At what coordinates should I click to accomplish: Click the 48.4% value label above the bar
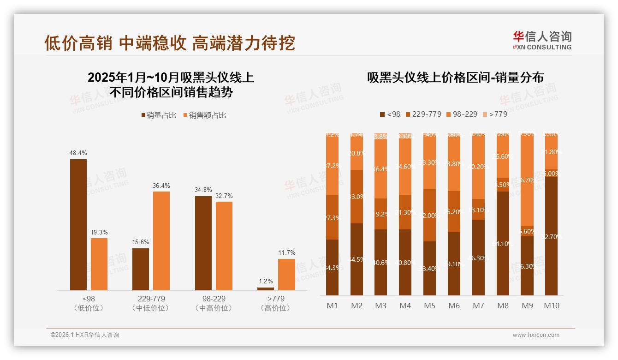click(78, 153)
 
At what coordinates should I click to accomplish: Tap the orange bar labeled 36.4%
click(161, 240)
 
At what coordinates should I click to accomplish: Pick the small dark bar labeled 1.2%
click(265, 288)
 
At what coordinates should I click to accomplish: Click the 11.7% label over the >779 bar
click(286, 252)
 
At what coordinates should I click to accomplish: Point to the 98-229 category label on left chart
click(214, 299)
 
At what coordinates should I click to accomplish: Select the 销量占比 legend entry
click(159, 115)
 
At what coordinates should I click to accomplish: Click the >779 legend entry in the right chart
click(495, 114)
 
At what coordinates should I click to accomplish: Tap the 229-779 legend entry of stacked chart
click(423, 114)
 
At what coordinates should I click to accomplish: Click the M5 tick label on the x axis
click(430, 306)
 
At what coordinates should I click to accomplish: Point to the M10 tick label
click(552, 306)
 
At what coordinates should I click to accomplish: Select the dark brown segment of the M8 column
click(503, 243)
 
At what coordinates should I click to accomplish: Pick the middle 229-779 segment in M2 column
click(357, 197)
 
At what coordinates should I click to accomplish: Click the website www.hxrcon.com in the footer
click(536, 335)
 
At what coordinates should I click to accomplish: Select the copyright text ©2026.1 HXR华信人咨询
click(85, 335)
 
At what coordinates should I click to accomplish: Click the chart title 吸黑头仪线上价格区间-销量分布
click(455, 78)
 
